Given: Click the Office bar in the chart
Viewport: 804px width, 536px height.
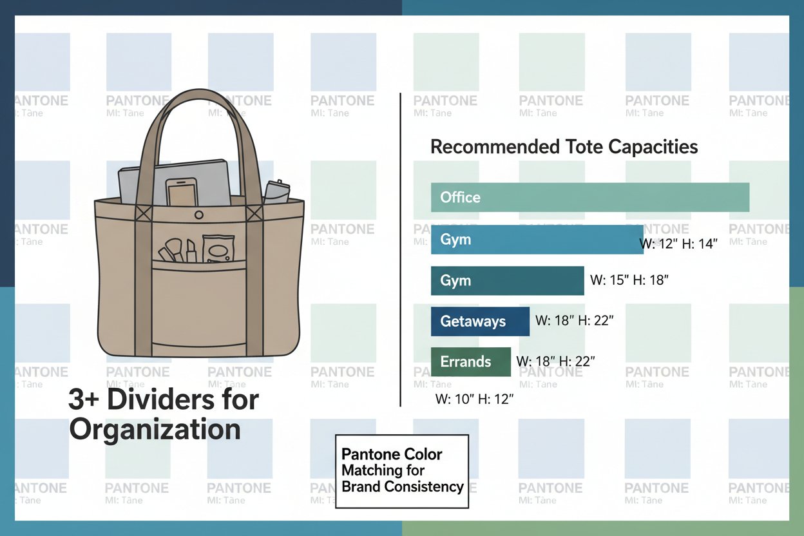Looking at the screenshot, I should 589,197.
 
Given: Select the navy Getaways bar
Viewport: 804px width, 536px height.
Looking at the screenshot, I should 480,321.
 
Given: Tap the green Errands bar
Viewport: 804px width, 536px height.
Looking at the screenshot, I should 470,361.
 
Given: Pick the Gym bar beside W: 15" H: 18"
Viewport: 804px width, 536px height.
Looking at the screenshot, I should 507,280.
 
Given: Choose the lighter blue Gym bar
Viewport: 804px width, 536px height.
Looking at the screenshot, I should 537,240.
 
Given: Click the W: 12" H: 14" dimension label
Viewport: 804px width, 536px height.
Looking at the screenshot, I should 678,245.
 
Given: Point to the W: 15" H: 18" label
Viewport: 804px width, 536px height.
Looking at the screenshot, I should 629,280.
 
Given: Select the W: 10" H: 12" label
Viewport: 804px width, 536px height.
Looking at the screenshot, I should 474,399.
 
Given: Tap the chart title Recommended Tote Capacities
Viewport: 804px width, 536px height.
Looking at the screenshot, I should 564,147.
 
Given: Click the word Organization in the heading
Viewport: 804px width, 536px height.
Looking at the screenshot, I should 155,430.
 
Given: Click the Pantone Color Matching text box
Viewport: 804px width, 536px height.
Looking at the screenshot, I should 402,471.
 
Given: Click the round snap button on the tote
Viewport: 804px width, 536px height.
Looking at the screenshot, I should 199,215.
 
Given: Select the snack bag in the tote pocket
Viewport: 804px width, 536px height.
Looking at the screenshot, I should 218,248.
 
